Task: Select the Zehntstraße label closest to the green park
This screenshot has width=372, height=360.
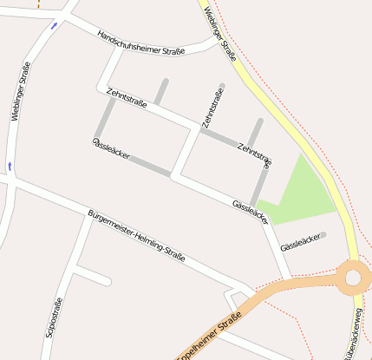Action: (x=254, y=154)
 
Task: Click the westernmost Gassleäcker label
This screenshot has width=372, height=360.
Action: (x=111, y=147)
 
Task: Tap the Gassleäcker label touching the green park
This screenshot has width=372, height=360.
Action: (x=251, y=210)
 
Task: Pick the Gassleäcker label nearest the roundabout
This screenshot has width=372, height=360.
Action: (x=301, y=242)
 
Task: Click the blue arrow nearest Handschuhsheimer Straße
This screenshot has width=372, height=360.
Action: (x=54, y=25)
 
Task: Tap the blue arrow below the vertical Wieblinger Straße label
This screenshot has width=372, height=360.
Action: (x=10, y=164)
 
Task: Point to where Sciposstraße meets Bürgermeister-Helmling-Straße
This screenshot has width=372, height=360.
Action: (x=88, y=217)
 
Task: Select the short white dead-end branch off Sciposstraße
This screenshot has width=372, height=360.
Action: (x=94, y=278)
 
